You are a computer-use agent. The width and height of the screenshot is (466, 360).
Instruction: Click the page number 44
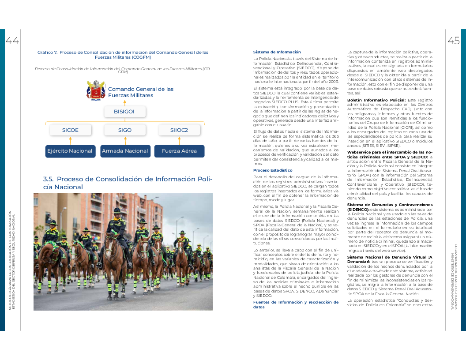12,41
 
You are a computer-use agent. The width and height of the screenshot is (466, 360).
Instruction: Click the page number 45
453,41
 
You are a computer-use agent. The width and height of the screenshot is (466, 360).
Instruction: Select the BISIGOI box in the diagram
124,112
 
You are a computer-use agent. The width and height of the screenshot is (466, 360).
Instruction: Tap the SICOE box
70,130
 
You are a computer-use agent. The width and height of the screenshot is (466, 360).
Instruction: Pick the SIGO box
125,130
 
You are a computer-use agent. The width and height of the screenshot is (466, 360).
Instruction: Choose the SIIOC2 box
179,130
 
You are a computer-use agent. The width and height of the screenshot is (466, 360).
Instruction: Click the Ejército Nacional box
70,151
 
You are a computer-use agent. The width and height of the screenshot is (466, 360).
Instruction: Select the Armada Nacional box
125,151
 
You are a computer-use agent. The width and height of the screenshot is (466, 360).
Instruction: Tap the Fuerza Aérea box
179,151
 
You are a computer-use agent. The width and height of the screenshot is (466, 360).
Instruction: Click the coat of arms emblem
96,90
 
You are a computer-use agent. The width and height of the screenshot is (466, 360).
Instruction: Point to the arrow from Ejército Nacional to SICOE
70,140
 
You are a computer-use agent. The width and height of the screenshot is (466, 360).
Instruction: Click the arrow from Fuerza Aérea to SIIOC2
179,140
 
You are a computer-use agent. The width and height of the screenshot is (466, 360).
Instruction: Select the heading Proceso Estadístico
273,170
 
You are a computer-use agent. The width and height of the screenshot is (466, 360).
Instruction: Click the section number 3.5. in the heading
49,179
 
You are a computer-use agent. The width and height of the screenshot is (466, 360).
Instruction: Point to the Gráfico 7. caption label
48,52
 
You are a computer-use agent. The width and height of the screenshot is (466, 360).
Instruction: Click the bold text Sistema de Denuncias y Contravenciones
388,205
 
